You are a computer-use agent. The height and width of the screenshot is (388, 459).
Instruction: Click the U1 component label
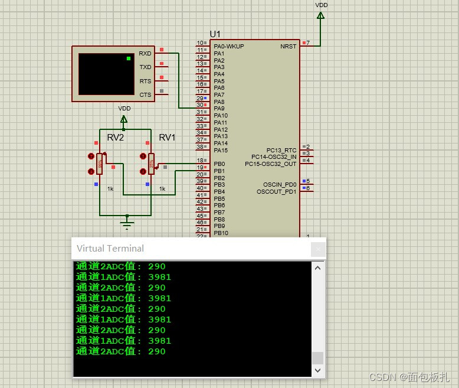pyautogui.click(x=215, y=34)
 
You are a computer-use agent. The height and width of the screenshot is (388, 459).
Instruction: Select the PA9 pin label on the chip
pyautogui.click(x=219, y=109)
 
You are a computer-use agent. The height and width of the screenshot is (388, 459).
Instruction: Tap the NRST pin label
pyautogui.click(x=288, y=47)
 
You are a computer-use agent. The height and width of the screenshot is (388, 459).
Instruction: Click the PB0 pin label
pyautogui.click(x=219, y=164)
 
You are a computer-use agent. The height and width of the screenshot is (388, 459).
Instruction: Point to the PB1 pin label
pyautogui.click(x=219, y=171)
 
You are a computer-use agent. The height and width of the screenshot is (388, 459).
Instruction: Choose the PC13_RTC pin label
pyautogui.click(x=281, y=151)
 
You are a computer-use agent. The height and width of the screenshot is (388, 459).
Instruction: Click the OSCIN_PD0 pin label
pyautogui.click(x=280, y=184)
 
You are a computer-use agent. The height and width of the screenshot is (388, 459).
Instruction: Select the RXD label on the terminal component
pyautogui.click(x=145, y=54)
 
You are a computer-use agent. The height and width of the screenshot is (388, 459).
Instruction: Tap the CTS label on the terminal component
pyautogui.click(x=145, y=95)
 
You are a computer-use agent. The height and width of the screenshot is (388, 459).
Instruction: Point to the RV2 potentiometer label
pyautogui.click(x=116, y=138)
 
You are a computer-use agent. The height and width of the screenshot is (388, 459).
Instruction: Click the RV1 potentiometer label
pyautogui.click(x=167, y=138)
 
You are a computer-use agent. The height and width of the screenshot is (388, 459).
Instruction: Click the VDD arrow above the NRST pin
pyautogui.click(x=320, y=15)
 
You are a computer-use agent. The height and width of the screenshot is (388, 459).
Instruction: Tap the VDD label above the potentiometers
pyautogui.click(x=124, y=109)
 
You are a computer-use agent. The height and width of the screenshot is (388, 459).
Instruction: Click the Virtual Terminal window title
pyautogui.click(x=110, y=248)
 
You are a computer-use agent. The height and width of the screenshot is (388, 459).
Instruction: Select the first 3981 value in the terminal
pyautogui.click(x=159, y=277)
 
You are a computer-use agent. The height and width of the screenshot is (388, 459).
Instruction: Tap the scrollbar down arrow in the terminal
pyautogui.click(x=318, y=370)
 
